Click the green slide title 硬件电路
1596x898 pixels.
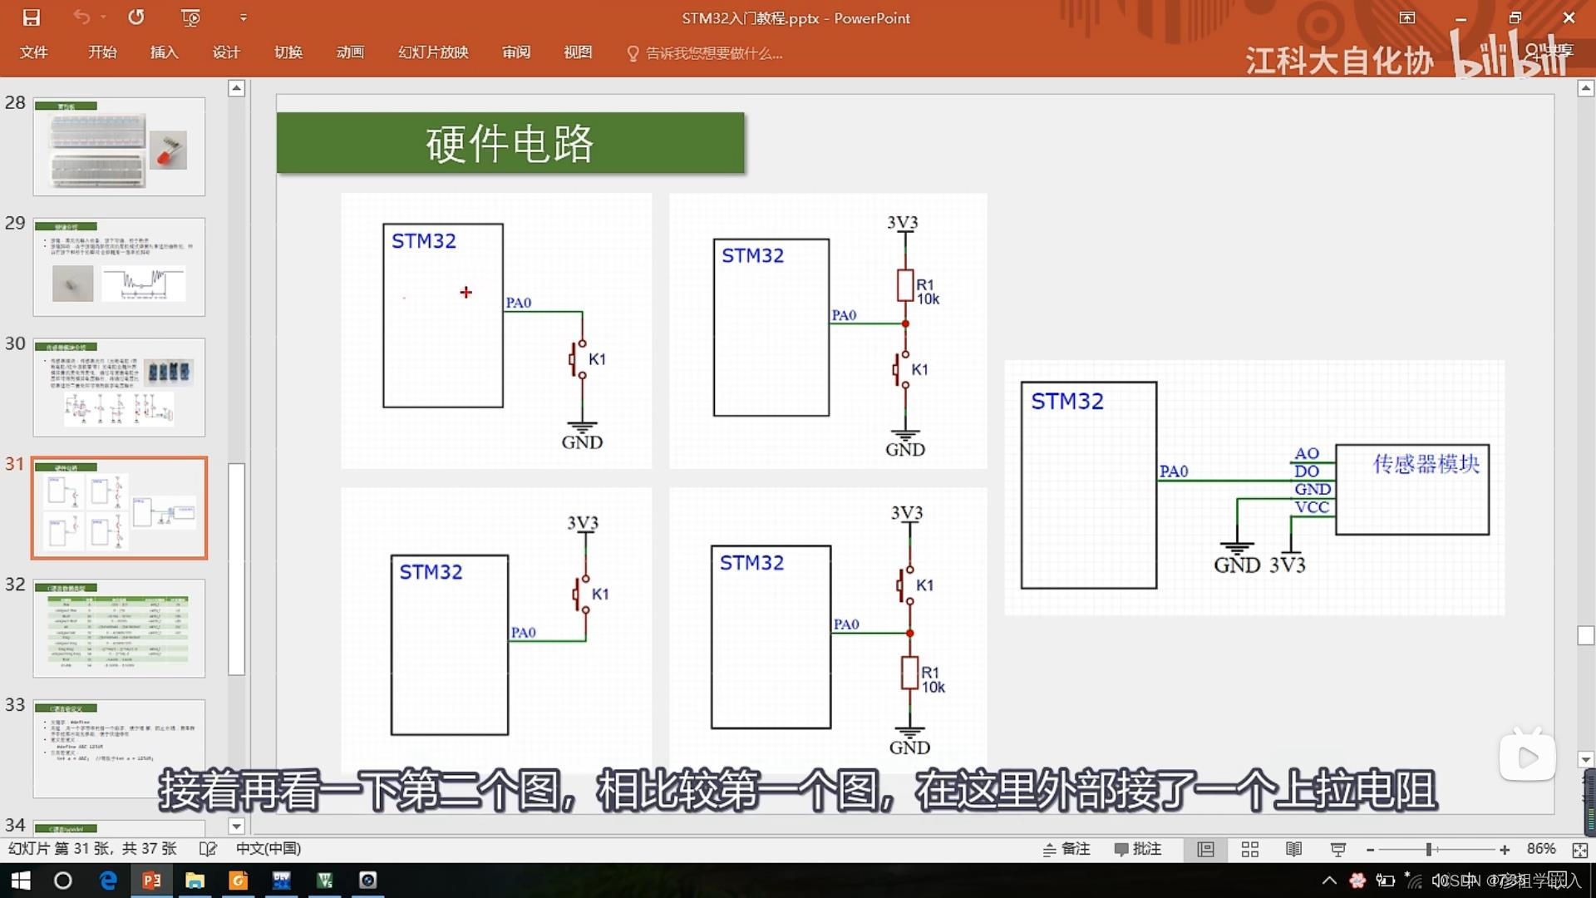click(x=510, y=143)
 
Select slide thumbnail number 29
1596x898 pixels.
click(x=119, y=267)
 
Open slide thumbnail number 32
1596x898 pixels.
click(x=119, y=628)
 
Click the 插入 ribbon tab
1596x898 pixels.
click(x=164, y=52)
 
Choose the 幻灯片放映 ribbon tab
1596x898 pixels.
click(x=433, y=52)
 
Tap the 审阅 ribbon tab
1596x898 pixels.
click(x=516, y=52)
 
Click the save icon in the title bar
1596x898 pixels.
click(x=32, y=17)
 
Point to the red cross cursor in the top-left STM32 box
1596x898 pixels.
click(x=465, y=292)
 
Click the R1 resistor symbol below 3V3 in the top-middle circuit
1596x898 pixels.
click(x=905, y=285)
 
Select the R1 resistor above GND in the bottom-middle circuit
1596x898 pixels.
click(x=909, y=673)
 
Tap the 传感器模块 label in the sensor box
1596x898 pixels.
click(x=1426, y=463)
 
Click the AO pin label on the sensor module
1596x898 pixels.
click(x=1306, y=453)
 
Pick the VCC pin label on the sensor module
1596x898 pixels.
click(x=1312, y=507)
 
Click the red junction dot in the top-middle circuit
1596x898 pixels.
click(x=905, y=323)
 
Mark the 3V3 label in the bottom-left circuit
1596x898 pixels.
click(x=583, y=523)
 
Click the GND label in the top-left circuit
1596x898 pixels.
click(x=582, y=442)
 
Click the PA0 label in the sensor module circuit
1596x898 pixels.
click(x=1173, y=471)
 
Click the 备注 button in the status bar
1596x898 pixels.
click(x=1066, y=849)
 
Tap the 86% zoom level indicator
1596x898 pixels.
click(x=1541, y=849)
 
